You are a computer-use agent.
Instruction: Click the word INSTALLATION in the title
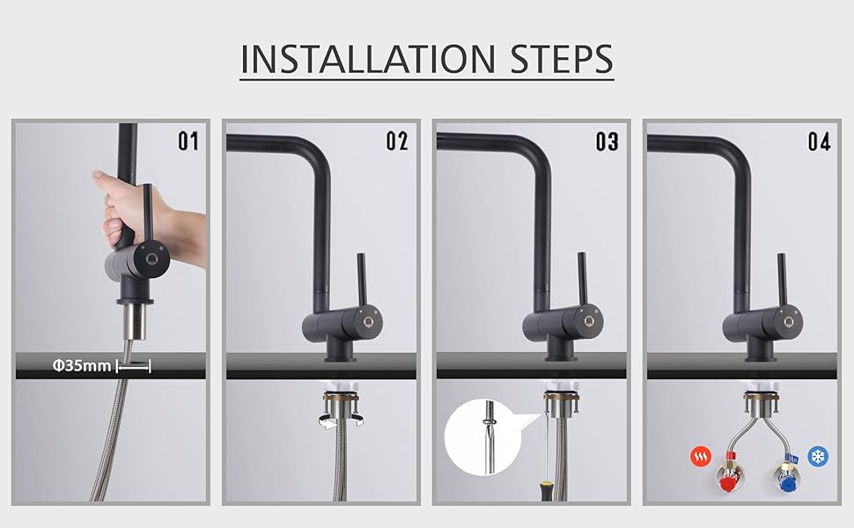click(x=368, y=59)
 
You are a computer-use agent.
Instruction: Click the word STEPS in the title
click(x=562, y=59)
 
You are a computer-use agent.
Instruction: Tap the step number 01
click(x=188, y=141)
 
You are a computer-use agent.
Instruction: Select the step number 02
click(x=397, y=141)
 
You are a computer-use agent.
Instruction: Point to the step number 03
click(x=607, y=141)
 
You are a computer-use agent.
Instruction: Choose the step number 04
click(x=819, y=141)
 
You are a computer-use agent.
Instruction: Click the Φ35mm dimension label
click(x=82, y=365)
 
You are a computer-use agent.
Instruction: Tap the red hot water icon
click(x=701, y=456)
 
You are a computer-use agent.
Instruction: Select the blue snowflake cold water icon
click(x=818, y=456)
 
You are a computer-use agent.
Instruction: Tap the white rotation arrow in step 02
click(x=341, y=421)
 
